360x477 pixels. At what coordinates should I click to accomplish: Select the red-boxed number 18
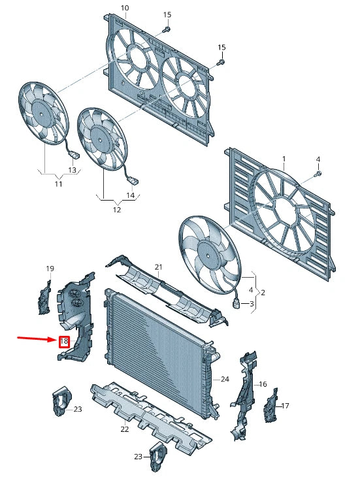pyautogui.click(x=64, y=341)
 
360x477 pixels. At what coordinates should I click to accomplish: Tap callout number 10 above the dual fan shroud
pyautogui.click(x=125, y=8)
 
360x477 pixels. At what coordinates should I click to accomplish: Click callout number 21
pyautogui.click(x=158, y=267)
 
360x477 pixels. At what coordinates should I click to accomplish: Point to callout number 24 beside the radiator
pyautogui.click(x=225, y=379)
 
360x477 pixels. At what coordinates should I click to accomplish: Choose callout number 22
pyautogui.click(x=125, y=429)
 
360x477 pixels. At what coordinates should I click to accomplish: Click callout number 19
pyautogui.click(x=50, y=269)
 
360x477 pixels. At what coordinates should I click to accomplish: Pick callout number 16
pyautogui.click(x=263, y=384)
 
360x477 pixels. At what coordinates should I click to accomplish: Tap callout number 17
pyautogui.click(x=285, y=406)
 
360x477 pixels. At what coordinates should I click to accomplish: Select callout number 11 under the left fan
pyautogui.click(x=58, y=184)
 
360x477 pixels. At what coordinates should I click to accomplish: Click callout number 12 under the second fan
pyautogui.click(x=117, y=210)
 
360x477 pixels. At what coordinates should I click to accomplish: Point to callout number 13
pyautogui.click(x=72, y=170)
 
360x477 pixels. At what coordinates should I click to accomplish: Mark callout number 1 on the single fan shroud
pyautogui.click(x=284, y=159)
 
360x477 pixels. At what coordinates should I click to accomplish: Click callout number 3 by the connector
pyautogui.click(x=252, y=304)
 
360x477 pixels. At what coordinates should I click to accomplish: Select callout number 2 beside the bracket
pyautogui.click(x=263, y=293)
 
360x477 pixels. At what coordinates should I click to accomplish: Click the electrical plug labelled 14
pyautogui.click(x=134, y=181)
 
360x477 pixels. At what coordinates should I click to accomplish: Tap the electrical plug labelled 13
pyautogui.click(x=74, y=156)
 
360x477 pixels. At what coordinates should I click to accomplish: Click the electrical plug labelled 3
pyautogui.click(x=237, y=304)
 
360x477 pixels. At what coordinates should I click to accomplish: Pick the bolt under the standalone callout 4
pyautogui.click(x=318, y=174)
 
